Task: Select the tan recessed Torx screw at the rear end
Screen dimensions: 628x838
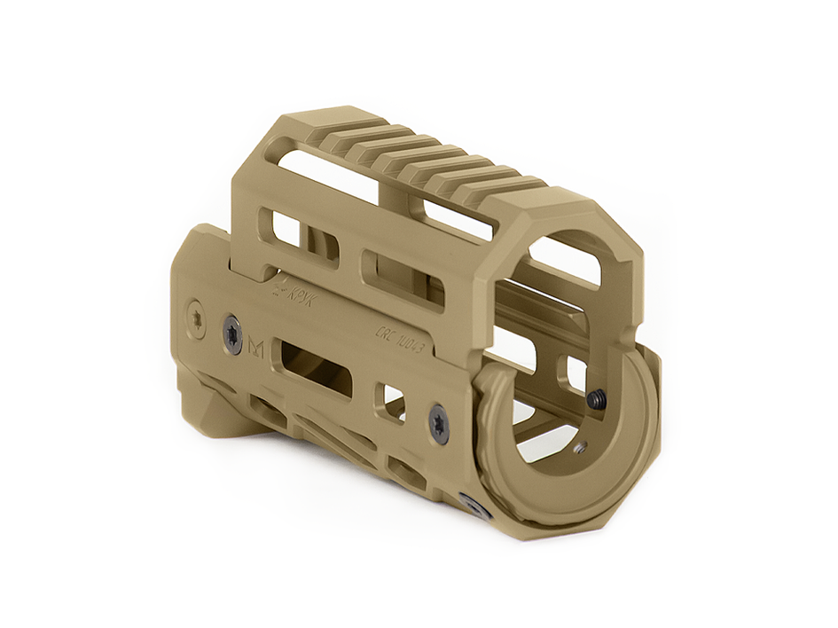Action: [x=196, y=316]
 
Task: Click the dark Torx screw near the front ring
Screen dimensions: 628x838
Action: [x=439, y=422]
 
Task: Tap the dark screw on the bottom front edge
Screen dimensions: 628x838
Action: [x=476, y=507]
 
